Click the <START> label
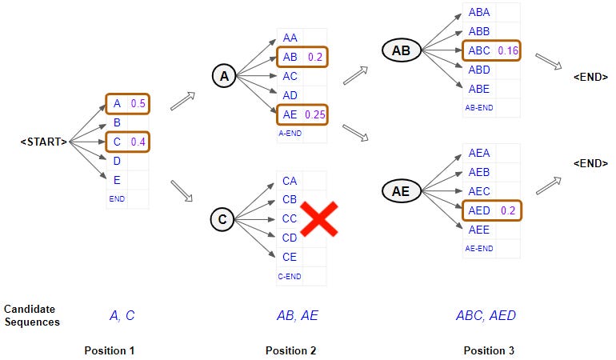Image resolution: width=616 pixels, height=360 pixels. click(x=44, y=142)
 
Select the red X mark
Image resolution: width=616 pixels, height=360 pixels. click(x=318, y=218)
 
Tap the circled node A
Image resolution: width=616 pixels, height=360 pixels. click(x=223, y=76)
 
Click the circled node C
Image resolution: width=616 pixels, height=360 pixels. click(x=223, y=218)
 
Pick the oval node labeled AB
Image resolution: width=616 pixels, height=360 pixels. click(x=401, y=50)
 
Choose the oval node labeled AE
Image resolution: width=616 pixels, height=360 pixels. click(x=401, y=190)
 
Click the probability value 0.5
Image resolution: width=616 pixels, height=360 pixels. click(x=138, y=103)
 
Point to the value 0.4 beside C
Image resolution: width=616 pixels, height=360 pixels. click(x=138, y=142)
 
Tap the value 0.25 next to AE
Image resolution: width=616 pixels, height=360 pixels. click(x=314, y=115)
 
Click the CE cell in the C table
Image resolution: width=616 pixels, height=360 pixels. click(x=290, y=257)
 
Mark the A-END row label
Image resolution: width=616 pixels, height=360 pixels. click(x=290, y=134)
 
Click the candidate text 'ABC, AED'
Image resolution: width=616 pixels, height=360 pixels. click(x=486, y=315)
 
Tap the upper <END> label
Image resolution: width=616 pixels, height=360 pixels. click(x=590, y=77)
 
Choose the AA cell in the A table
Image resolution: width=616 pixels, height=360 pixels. click(x=290, y=38)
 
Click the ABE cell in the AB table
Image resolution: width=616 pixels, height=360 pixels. click(x=479, y=89)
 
